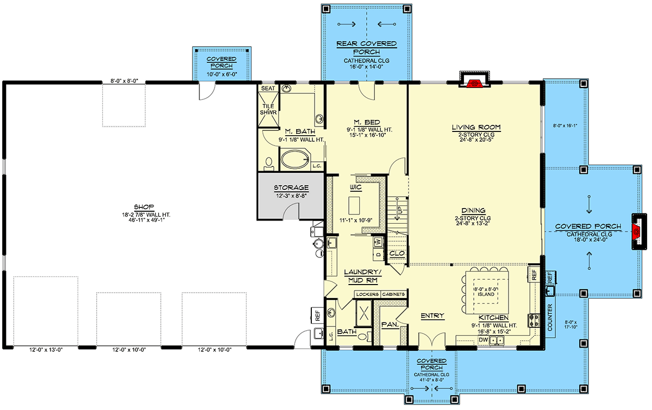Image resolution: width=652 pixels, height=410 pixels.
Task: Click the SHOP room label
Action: (144, 207)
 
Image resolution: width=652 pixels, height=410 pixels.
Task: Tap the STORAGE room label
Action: (291, 188)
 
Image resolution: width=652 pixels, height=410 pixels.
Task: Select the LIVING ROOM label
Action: (476, 127)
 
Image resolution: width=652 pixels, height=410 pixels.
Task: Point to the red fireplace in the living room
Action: (474, 84)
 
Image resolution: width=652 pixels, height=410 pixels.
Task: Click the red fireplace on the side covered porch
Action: (636, 232)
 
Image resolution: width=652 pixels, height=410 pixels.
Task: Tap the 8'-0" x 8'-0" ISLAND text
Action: (486, 292)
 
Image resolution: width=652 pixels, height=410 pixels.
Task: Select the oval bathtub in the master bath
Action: (295, 159)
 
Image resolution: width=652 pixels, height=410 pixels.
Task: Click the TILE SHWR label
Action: (268, 109)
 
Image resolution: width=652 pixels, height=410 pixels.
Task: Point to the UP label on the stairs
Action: (400, 210)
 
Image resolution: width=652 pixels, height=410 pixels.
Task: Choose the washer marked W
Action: (378, 242)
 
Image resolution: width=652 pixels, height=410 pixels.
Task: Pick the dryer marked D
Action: (378, 254)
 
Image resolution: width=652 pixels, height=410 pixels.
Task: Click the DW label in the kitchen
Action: (483, 339)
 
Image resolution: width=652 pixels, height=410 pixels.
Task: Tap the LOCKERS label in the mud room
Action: (367, 294)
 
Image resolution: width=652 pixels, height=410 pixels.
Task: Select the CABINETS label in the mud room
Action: (393, 294)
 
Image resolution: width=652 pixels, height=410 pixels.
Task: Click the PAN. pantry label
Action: (390, 324)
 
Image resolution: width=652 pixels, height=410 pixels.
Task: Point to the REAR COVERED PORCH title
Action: (366, 48)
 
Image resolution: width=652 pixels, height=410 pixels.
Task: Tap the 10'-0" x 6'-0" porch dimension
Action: (222, 74)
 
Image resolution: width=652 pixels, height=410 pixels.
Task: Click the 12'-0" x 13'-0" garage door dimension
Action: (46, 350)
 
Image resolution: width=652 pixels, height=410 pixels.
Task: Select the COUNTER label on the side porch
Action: (550, 318)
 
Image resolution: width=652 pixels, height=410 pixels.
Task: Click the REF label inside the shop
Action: (317, 315)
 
